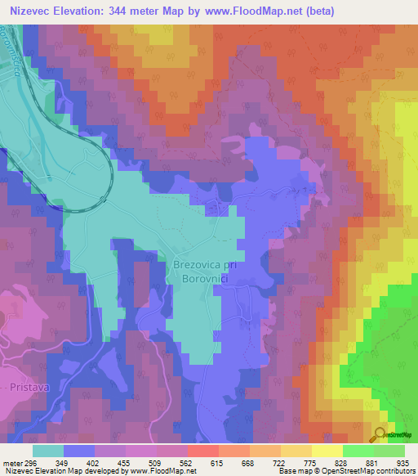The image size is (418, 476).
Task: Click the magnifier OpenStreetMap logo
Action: click(x=380, y=434)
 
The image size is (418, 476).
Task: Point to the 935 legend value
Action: click(x=404, y=462)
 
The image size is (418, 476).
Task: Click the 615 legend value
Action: click(x=218, y=462)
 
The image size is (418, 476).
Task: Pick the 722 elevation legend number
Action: click(x=280, y=462)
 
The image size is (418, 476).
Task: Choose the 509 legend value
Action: click(x=156, y=462)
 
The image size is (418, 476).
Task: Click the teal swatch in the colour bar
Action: click(x=47, y=451)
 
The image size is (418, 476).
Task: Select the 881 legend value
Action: click(x=373, y=462)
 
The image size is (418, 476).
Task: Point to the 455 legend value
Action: click(x=125, y=462)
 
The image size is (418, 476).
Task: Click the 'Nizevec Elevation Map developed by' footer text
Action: click(x=56, y=472)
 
